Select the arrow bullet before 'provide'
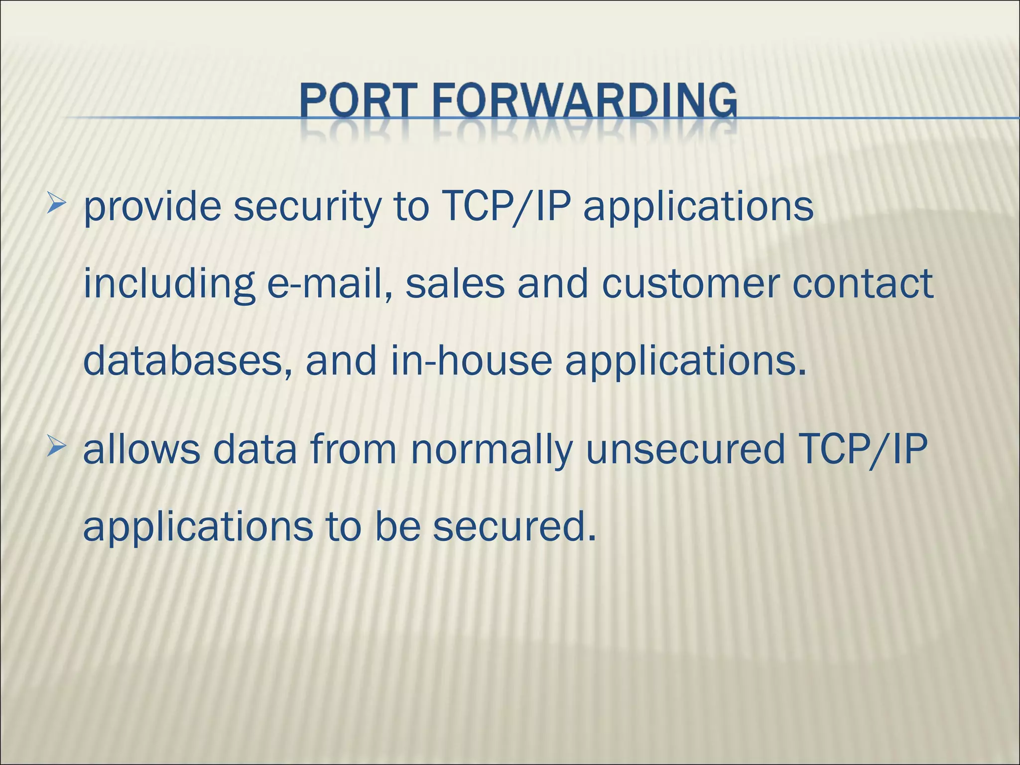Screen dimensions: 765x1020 coord(56,205)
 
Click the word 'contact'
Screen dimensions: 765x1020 coord(863,284)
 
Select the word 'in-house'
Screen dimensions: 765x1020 coord(471,361)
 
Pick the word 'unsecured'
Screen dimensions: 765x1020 coord(685,449)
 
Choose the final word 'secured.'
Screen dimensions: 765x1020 coord(514,526)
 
